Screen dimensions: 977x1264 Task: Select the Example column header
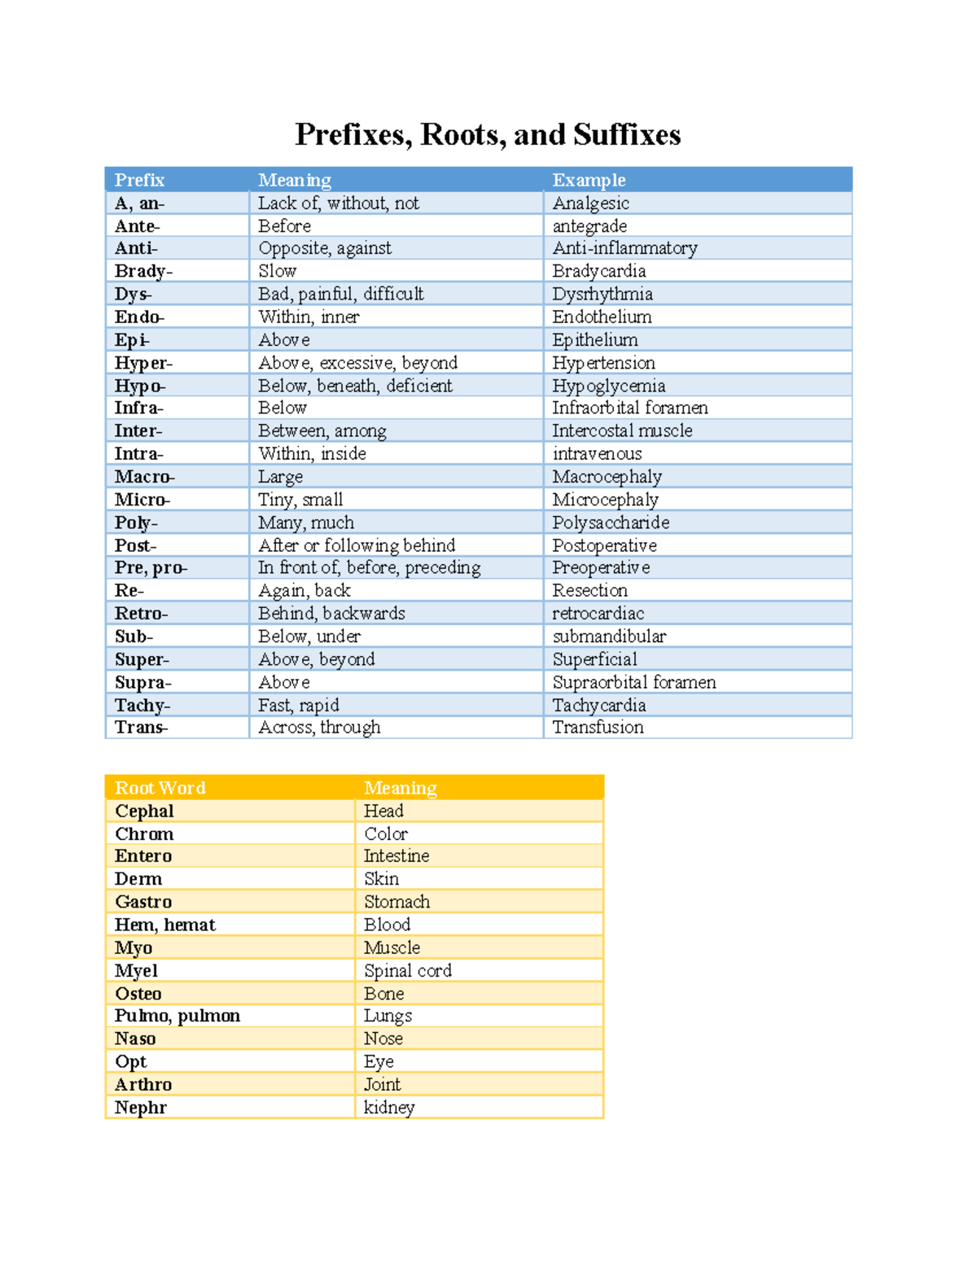click(589, 180)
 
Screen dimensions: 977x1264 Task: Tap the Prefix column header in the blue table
click(139, 180)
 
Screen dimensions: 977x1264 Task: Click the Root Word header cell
click(160, 788)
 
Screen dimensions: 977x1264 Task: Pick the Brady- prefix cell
click(143, 271)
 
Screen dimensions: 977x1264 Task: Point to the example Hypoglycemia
click(608, 386)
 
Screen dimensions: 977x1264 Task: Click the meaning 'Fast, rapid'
click(298, 705)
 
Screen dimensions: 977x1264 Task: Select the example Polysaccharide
click(611, 523)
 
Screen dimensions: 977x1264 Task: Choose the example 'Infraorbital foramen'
click(629, 408)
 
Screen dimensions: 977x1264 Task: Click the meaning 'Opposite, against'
click(324, 248)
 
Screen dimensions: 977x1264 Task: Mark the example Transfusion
click(598, 728)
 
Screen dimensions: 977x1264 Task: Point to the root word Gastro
click(143, 902)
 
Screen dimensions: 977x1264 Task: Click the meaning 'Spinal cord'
click(407, 971)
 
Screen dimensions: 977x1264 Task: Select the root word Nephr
click(140, 1108)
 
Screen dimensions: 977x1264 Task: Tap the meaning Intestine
click(396, 856)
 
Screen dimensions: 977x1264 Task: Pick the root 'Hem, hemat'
click(164, 925)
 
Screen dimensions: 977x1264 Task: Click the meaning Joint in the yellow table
click(382, 1085)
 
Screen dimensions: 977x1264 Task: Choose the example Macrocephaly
click(607, 477)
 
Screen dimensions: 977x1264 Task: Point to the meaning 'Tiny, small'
click(300, 500)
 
